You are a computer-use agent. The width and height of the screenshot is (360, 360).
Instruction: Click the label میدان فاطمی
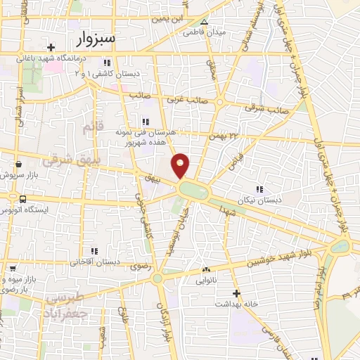click(205, 32)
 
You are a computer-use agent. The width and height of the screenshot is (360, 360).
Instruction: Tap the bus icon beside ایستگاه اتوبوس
click(24, 199)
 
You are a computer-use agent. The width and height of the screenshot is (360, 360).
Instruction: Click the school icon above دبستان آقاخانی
click(96, 250)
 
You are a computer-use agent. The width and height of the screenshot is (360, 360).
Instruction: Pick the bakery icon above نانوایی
click(206, 270)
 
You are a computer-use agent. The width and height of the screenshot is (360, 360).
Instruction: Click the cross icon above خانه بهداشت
click(236, 292)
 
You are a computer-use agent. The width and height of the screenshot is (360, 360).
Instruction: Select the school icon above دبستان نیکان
click(259, 188)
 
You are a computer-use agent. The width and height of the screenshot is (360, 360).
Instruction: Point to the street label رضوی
click(136, 266)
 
